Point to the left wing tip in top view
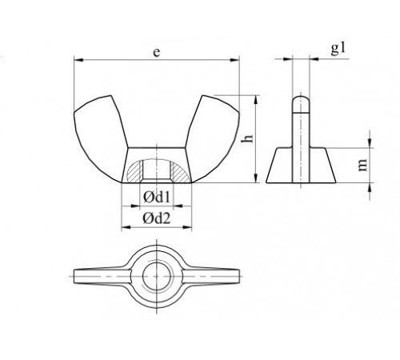80,276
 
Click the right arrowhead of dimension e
237,58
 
